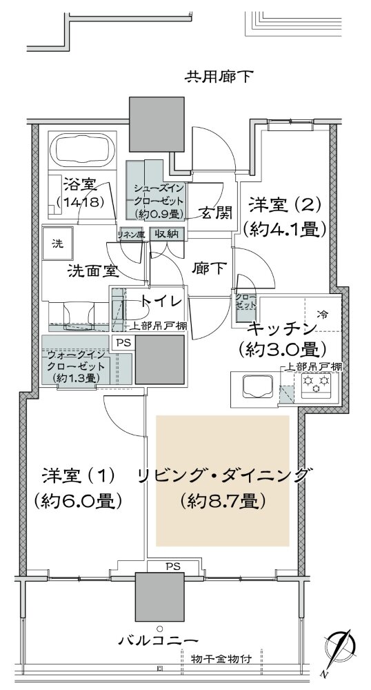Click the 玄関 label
(x=214, y=213)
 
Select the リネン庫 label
(x=130, y=235)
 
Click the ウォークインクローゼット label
(x=77, y=366)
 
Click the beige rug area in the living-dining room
(x=221, y=481)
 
